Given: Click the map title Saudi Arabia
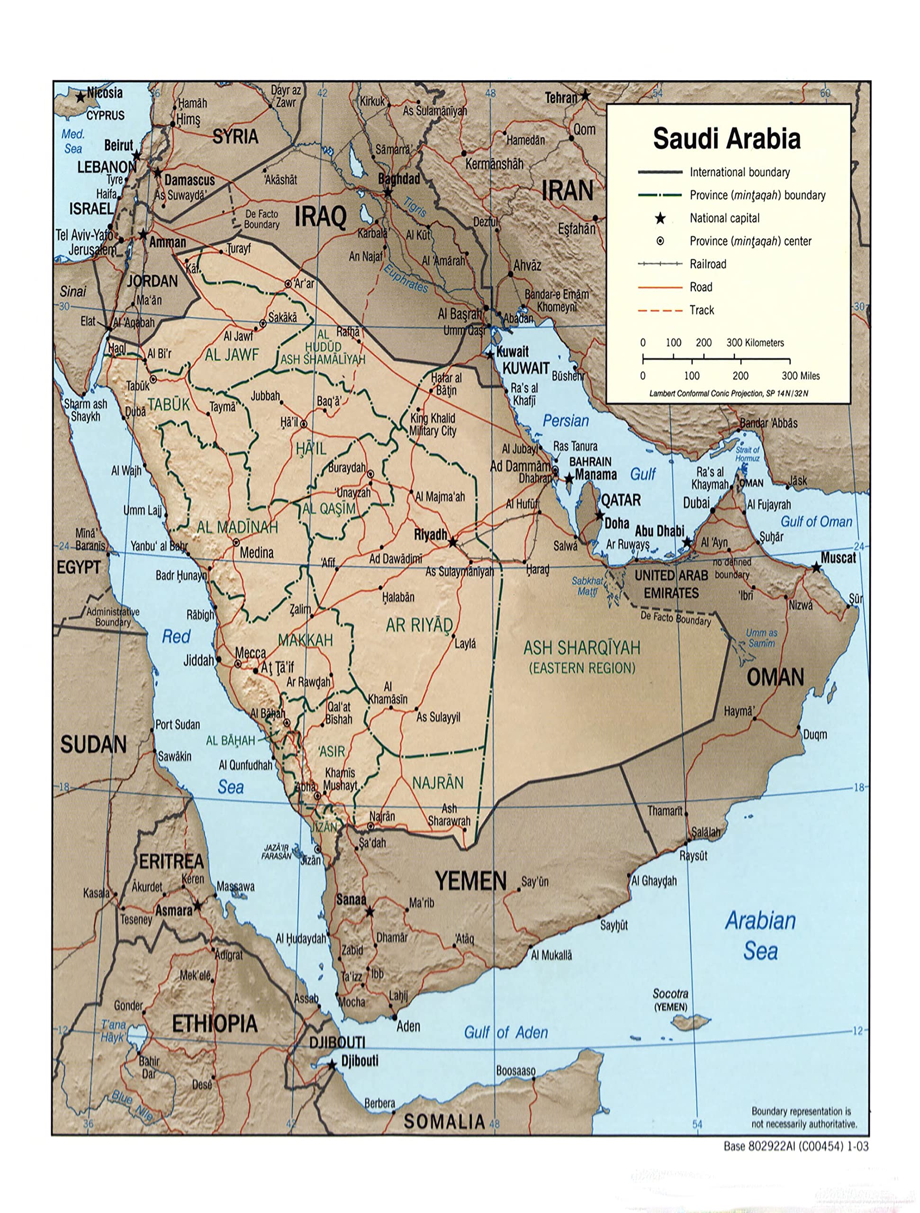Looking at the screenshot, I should (x=726, y=138).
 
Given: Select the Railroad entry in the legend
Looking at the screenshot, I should (x=707, y=264).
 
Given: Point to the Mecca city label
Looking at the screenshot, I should (x=251, y=653).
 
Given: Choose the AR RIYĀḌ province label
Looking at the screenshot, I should (x=419, y=625).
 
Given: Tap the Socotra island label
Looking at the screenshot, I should (x=670, y=994).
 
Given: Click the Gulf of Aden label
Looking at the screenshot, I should (x=505, y=1032).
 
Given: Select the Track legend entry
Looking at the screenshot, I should (x=702, y=310).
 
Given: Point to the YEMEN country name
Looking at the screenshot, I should (x=471, y=881).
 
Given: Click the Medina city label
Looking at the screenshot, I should (x=257, y=552).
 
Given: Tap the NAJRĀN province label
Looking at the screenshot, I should (x=438, y=783).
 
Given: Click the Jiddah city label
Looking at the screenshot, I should (x=198, y=660).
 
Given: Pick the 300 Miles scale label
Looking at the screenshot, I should (x=801, y=376).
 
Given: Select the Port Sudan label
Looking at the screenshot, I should (x=177, y=724).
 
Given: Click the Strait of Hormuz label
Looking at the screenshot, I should (x=747, y=453).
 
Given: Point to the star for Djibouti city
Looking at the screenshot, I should (x=332, y=1065).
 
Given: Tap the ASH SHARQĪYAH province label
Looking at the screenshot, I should (x=582, y=648).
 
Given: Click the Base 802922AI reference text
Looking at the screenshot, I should (x=795, y=1146).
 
